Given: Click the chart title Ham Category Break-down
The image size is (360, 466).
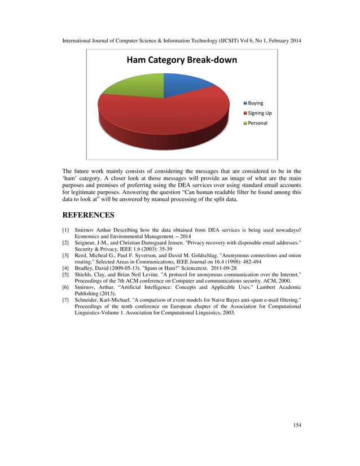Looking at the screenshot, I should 181,60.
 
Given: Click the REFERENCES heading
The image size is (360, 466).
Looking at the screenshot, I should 88,215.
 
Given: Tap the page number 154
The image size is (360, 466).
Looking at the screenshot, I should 297,425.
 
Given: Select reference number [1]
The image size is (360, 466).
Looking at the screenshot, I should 66,231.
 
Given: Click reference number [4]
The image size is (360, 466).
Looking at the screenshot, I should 66,268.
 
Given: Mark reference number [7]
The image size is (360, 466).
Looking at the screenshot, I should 66,300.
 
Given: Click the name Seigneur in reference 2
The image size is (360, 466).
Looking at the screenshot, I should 86,243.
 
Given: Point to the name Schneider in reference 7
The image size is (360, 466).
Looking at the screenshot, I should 87,300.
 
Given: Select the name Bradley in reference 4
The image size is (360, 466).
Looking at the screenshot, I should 85,268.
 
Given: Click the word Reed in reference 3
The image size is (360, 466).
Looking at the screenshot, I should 81,256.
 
